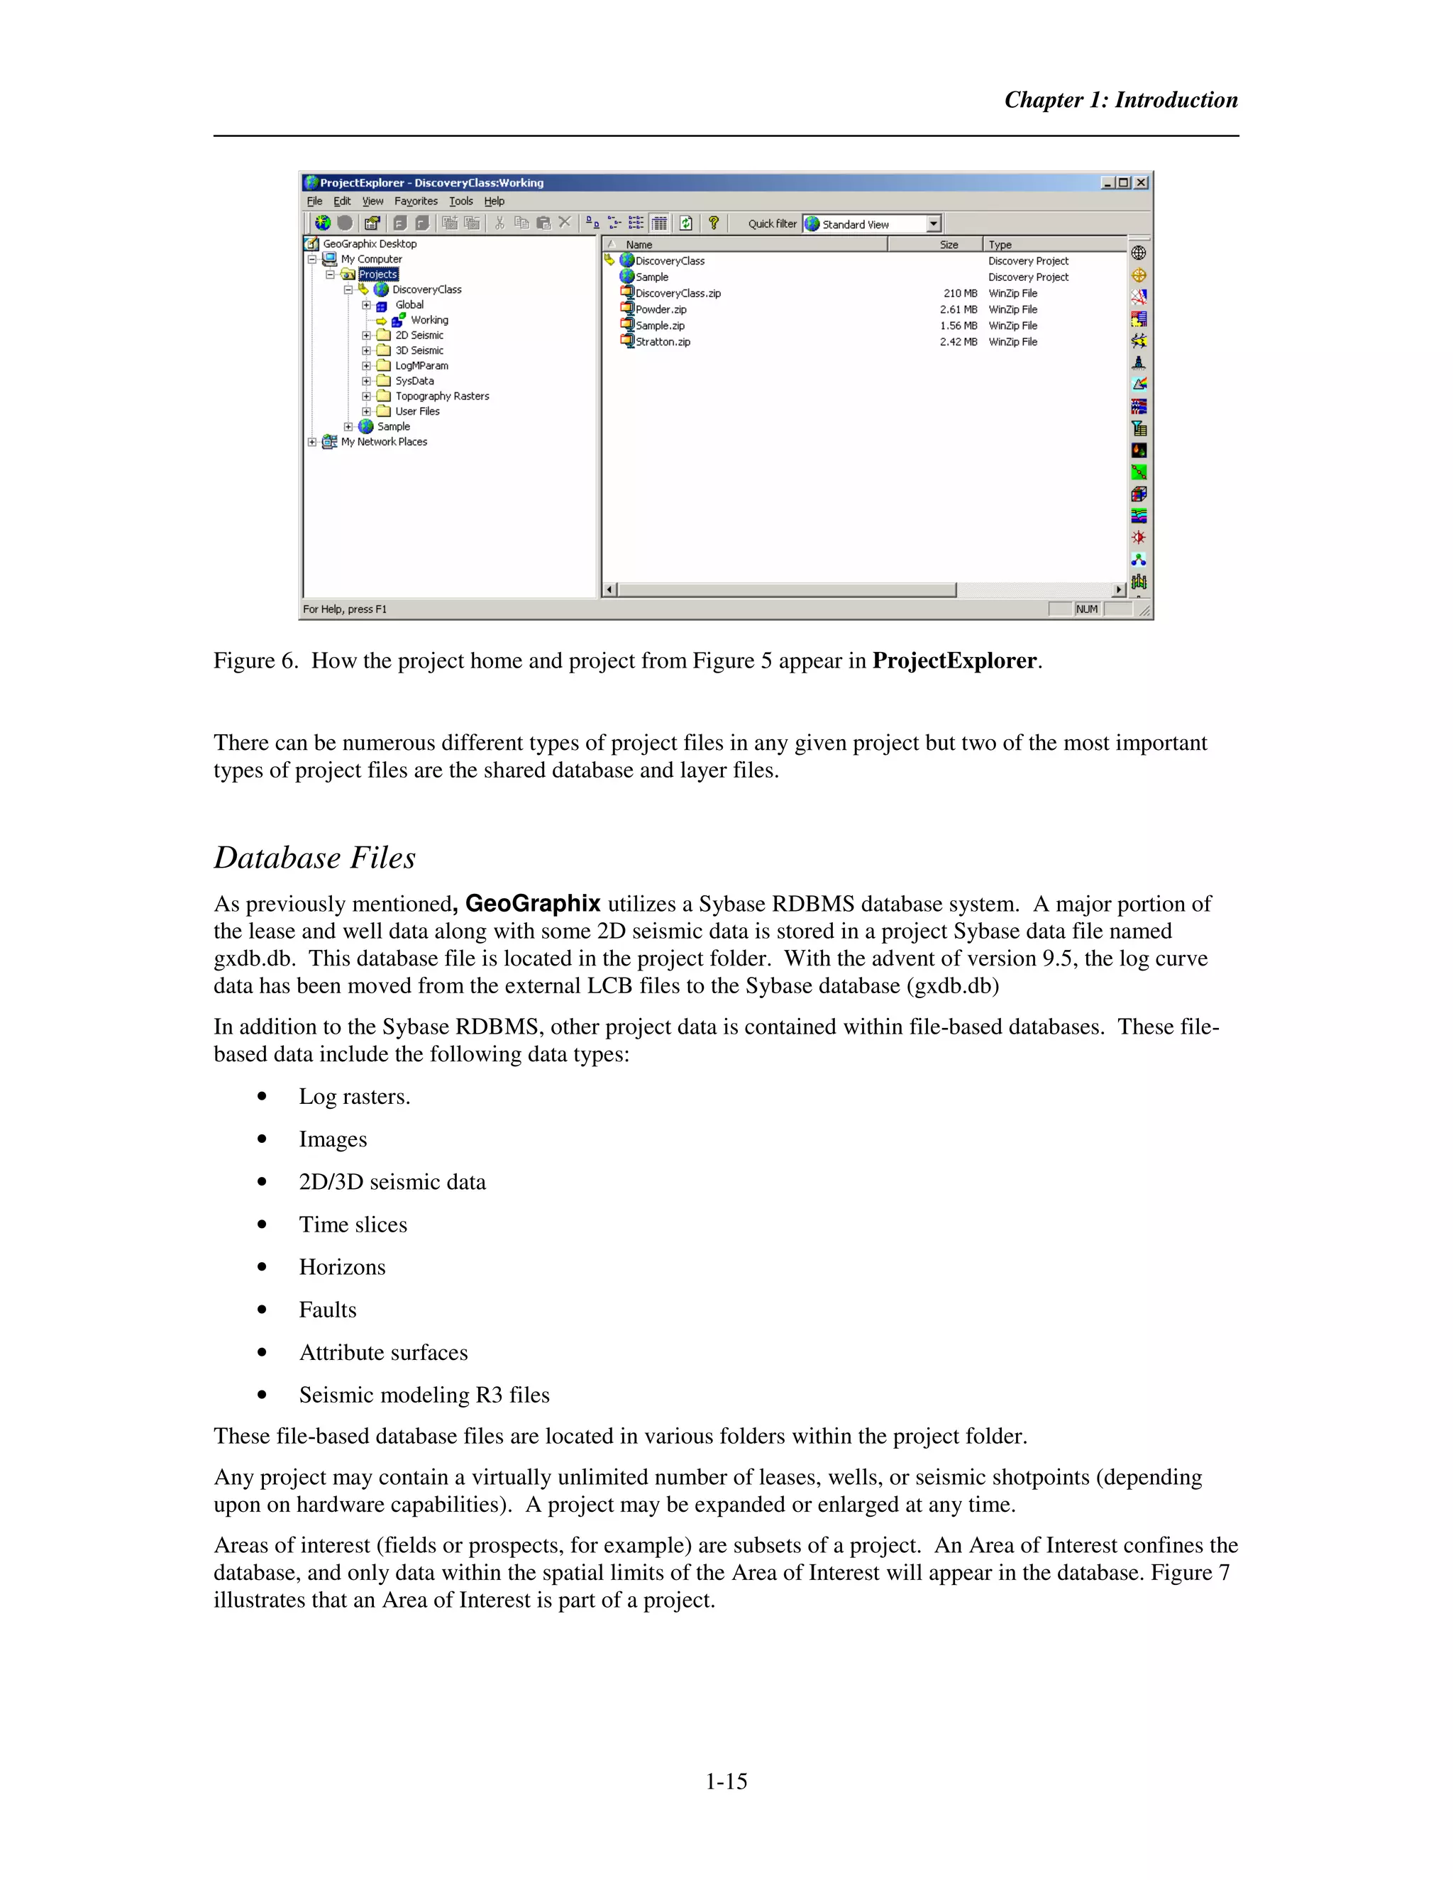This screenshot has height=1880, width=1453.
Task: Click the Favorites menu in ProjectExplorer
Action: pyautogui.click(x=416, y=201)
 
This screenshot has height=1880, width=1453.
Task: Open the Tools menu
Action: pyautogui.click(x=460, y=201)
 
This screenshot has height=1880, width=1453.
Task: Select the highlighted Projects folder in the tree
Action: pyautogui.click(x=378, y=275)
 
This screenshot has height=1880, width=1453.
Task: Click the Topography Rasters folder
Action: pyautogui.click(x=441, y=396)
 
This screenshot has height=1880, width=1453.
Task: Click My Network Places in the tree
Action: pyautogui.click(x=383, y=441)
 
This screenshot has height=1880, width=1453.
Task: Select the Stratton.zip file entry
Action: pyautogui.click(x=663, y=342)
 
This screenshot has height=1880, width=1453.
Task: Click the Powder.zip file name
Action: pyautogui.click(x=661, y=310)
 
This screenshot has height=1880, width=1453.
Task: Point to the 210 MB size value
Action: pyautogui.click(x=960, y=294)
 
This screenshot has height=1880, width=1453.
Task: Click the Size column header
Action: pyautogui.click(x=949, y=245)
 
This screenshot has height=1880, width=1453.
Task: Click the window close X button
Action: pyautogui.click(x=1141, y=182)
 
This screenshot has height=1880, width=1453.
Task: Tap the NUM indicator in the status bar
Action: pyautogui.click(x=1086, y=609)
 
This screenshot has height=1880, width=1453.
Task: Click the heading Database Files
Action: pyautogui.click(x=314, y=858)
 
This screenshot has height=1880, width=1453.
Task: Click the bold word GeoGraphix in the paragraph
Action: pyautogui.click(x=533, y=904)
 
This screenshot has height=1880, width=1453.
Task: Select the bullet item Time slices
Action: pyautogui.click(x=353, y=1225)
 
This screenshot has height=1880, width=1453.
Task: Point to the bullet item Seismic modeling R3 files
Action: pyautogui.click(x=424, y=1395)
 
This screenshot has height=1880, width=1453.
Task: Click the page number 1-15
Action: pyautogui.click(x=726, y=1782)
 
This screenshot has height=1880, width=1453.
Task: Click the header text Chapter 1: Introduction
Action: pyautogui.click(x=1121, y=100)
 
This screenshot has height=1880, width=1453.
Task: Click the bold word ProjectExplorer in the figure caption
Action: pyautogui.click(x=954, y=661)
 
